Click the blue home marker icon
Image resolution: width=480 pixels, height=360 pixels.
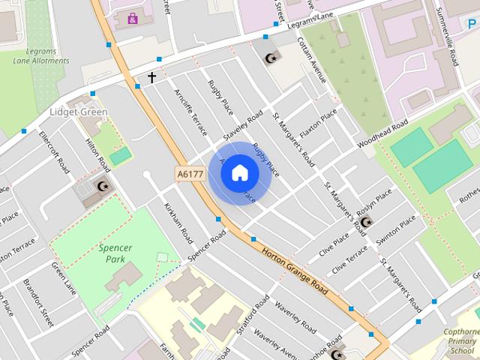pyautogui.click(x=239, y=173)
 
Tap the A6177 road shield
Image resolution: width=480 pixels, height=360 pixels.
pyautogui.click(x=190, y=174)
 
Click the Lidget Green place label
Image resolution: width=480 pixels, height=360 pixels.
pyautogui.click(x=79, y=112)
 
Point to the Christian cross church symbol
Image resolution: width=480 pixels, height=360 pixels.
pyautogui.click(x=151, y=77)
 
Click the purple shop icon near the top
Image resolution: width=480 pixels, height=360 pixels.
pyautogui.click(x=133, y=18)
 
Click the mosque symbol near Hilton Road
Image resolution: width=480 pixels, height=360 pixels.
pyautogui.click(x=103, y=185)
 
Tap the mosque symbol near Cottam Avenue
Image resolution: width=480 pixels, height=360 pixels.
pyautogui.click(x=271, y=57)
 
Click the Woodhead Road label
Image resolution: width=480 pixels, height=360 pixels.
pyautogui.click(x=382, y=133)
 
